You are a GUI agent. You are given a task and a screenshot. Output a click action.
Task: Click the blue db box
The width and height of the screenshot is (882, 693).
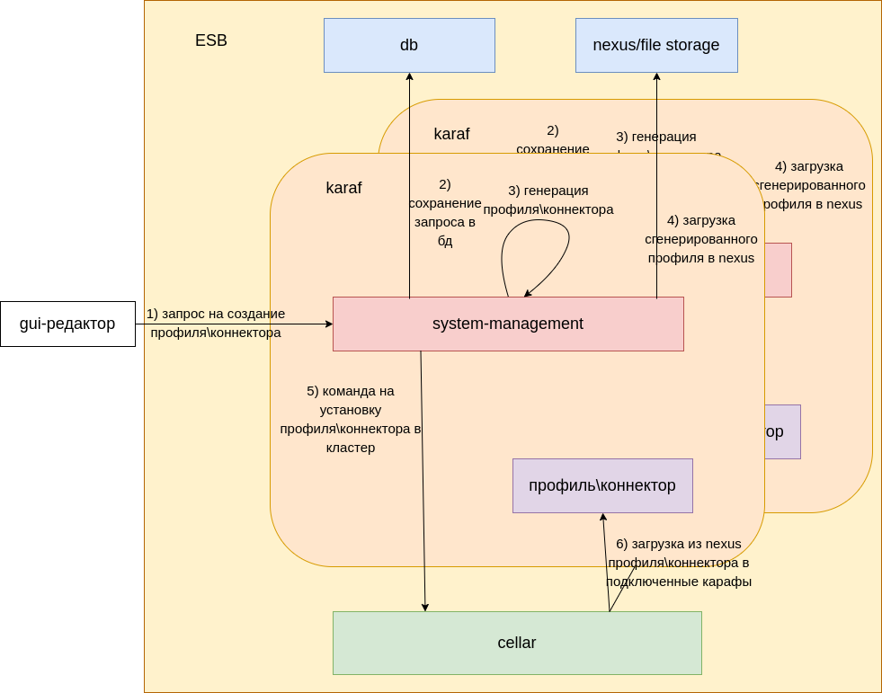tap(409, 45)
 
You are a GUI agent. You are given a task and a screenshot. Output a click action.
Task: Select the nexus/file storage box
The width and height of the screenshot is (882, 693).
tap(656, 45)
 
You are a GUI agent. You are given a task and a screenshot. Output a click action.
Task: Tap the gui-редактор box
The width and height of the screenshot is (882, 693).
tap(67, 324)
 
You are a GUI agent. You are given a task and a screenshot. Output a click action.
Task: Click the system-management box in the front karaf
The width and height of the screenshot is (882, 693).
tap(508, 324)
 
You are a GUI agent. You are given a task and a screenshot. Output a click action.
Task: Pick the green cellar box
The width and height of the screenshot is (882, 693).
tap(517, 643)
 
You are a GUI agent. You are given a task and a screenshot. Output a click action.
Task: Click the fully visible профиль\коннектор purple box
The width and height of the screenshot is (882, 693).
tap(602, 485)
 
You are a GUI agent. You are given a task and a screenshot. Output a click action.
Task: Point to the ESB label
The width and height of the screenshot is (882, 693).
tap(211, 40)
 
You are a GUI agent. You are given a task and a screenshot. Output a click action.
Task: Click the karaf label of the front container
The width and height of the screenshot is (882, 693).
tap(343, 188)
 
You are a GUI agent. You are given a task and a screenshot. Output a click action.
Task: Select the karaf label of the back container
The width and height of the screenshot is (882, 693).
tap(451, 134)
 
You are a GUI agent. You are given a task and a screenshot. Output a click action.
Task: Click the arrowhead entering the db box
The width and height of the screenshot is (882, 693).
tap(409, 77)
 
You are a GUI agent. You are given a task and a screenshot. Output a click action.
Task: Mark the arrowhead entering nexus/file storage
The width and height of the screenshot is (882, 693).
tap(656, 77)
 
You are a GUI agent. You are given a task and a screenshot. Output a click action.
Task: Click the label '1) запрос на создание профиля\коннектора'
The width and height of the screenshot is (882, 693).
tap(216, 323)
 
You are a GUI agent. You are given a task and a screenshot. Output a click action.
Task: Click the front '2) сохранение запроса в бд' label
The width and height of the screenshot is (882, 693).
tap(445, 212)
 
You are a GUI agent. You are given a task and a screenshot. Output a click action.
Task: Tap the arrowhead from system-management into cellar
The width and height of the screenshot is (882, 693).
tap(425, 607)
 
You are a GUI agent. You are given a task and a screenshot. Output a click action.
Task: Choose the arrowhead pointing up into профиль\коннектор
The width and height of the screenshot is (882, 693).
tap(603, 518)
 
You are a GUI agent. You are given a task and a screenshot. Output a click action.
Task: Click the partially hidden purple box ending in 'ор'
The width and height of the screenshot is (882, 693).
tap(782, 431)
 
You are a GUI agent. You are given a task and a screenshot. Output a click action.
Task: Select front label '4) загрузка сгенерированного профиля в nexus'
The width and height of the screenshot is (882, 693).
tap(701, 238)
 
